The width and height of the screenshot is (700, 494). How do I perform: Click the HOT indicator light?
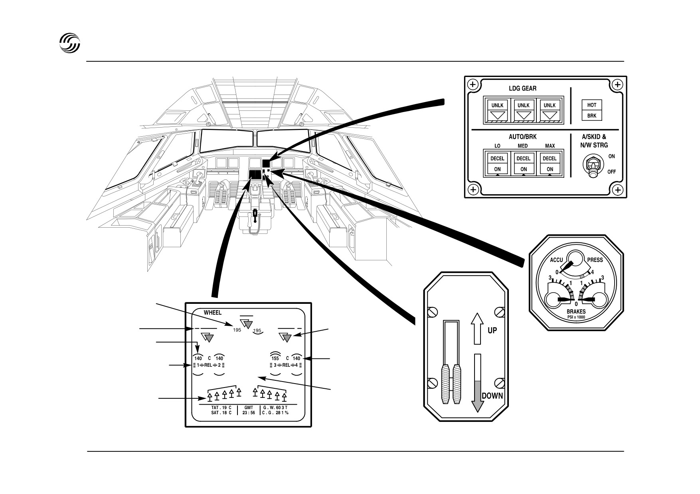point(591,105)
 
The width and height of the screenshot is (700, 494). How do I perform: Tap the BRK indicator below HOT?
point(591,116)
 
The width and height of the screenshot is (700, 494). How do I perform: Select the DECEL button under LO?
point(497,158)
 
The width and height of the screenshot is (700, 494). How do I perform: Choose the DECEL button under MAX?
point(550,158)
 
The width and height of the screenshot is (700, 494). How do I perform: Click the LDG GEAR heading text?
point(523,88)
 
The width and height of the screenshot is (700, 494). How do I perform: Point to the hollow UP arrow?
point(478,329)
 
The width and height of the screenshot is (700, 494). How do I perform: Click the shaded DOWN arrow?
point(477,383)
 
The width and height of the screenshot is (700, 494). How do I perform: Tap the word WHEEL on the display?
point(212,313)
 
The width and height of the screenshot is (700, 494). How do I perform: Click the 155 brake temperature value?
point(275,358)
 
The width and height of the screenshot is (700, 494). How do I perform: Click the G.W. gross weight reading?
point(275,408)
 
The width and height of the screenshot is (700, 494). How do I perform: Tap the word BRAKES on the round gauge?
point(576,312)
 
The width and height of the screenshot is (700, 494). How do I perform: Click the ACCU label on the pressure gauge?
point(556,260)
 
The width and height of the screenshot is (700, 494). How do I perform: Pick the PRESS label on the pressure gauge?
point(595,260)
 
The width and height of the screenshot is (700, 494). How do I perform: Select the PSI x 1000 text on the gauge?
point(576,317)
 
